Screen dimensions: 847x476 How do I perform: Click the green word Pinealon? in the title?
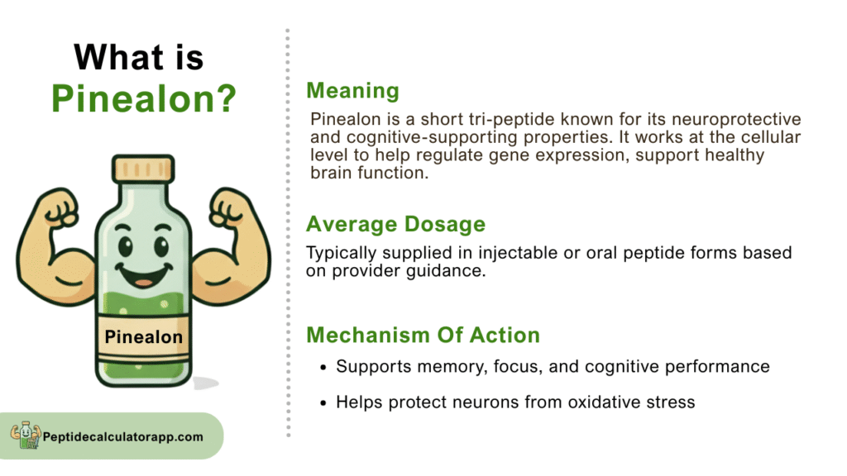144,98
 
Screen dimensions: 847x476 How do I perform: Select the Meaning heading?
352,91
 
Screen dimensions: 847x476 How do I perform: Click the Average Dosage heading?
396,224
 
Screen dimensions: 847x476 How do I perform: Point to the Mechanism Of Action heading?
423,335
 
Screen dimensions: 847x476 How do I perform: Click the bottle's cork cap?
143,169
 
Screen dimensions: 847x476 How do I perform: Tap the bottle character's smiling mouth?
144,275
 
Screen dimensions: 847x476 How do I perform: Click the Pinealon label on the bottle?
144,337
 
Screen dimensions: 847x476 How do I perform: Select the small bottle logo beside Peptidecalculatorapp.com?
26,435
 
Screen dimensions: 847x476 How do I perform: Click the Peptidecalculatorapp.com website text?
123,436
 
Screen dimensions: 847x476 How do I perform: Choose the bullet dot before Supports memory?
323,368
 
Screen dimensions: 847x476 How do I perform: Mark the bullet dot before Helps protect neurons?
323,403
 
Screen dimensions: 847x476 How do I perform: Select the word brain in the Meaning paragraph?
331,173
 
